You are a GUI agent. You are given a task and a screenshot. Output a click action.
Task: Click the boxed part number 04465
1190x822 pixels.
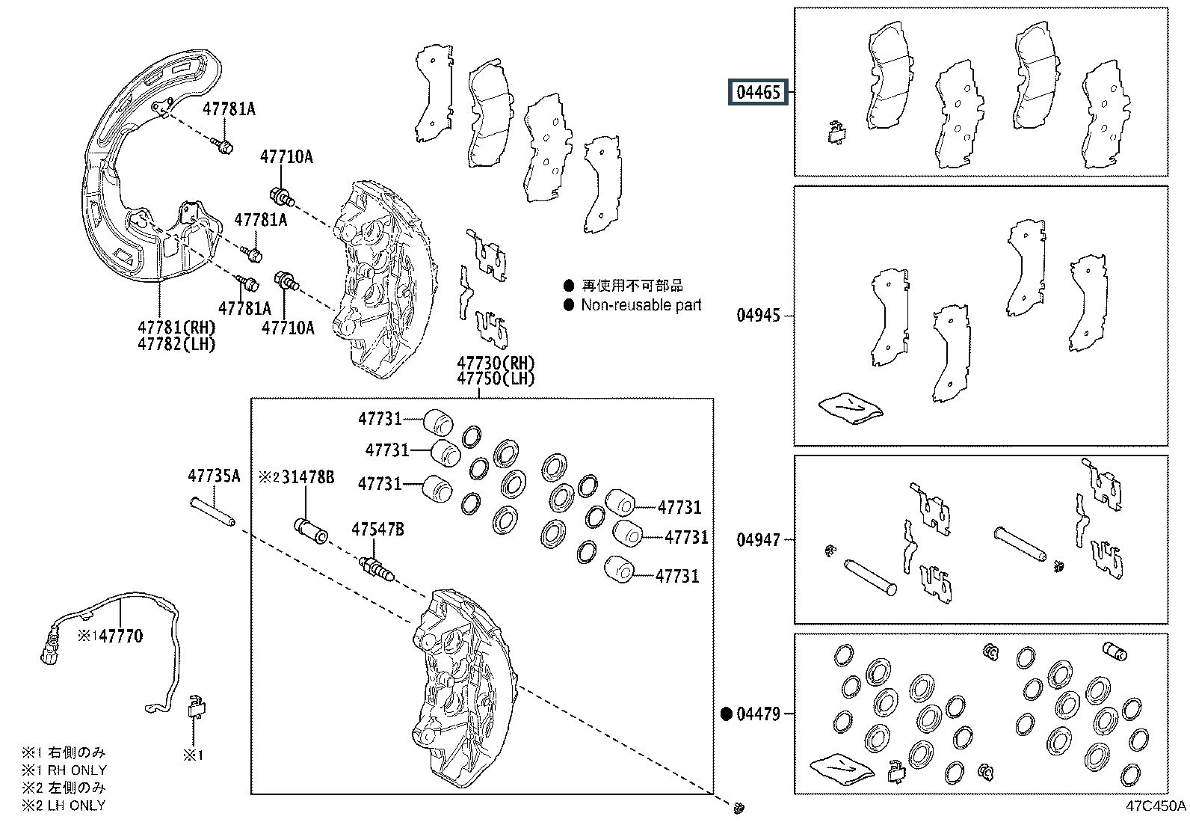point(758,93)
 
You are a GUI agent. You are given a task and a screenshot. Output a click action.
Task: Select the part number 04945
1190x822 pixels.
point(758,316)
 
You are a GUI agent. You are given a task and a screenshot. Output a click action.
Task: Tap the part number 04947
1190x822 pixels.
point(758,540)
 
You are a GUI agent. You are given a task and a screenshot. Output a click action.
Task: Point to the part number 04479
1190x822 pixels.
point(758,714)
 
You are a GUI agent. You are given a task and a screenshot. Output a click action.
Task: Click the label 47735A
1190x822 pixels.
point(214,476)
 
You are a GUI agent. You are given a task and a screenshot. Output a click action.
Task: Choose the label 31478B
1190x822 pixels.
point(308,477)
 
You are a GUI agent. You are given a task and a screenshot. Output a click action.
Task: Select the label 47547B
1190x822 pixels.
point(377,529)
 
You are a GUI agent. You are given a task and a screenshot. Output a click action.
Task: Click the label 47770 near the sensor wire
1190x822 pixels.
point(121,636)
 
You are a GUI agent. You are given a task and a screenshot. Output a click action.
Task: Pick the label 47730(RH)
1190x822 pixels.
point(496,364)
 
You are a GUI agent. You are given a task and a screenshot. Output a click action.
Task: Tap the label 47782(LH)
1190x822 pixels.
point(177,344)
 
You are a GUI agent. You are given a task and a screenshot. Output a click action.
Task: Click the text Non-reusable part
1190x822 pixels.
point(641,305)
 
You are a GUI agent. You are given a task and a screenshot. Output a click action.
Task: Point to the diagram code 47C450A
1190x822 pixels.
point(1156,806)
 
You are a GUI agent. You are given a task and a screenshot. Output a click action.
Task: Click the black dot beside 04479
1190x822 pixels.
point(727,714)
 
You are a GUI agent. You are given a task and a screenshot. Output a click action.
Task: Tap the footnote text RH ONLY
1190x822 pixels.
point(78,770)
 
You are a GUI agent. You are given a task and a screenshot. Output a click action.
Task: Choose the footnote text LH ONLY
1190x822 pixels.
point(77,806)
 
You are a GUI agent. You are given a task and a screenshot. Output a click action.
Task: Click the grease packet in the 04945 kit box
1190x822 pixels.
point(851,408)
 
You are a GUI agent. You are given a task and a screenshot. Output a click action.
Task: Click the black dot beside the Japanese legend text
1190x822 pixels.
point(569,286)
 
